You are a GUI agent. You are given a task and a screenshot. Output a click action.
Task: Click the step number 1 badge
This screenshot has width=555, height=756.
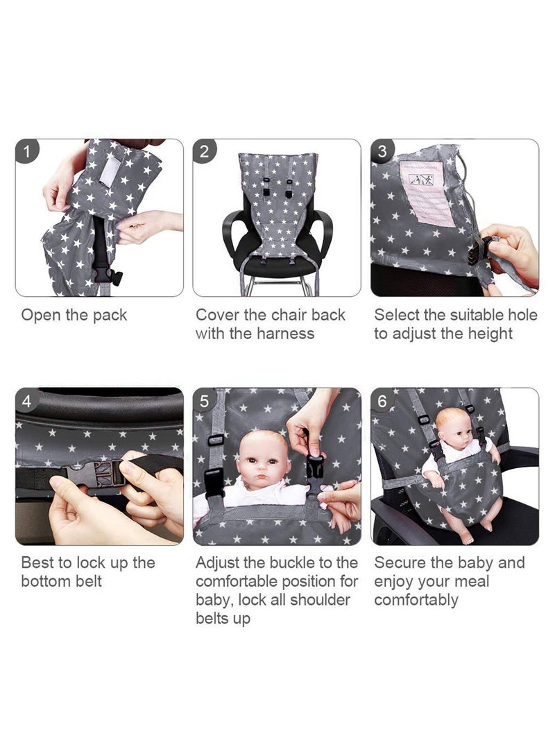click(x=26, y=151)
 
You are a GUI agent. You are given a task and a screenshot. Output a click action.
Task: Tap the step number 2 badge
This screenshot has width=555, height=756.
click(x=205, y=151)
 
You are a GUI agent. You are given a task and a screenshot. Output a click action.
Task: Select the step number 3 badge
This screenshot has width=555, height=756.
click(x=382, y=151)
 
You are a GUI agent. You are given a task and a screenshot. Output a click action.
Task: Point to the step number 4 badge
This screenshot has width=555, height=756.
click(x=26, y=400)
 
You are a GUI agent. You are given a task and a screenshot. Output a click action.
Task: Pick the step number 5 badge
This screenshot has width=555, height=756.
click(x=205, y=400)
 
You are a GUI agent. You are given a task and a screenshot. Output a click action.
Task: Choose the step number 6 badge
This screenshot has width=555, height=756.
click(x=382, y=400)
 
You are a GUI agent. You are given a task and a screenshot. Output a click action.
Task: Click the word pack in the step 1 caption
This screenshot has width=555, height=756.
click(x=110, y=316)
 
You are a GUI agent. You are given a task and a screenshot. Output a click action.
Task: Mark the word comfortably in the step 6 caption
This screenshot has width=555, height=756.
click(x=416, y=601)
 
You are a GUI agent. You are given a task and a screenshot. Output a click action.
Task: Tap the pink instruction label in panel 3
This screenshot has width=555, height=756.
click(x=423, y=192)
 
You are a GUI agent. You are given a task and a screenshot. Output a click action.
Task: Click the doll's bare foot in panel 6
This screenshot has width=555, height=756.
click(x=468, y=537)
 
